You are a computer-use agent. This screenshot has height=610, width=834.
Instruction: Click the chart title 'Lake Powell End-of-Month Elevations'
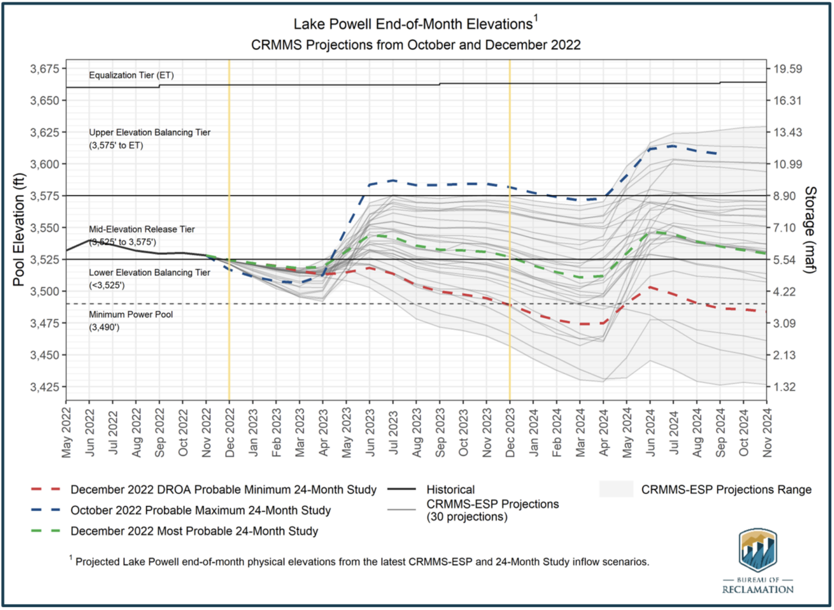click(x=413, y=24)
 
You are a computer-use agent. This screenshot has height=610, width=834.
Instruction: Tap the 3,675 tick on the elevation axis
click(x=45, y=69)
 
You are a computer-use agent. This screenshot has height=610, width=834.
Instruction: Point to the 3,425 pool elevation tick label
click(x=45, y=387)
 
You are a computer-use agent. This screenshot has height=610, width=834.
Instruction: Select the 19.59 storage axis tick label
click(x=787, y=69)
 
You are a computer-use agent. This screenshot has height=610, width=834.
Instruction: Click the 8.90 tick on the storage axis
click(x=787, y=196)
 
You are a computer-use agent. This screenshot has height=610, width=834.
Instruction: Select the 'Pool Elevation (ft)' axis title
click(x=19, y=229)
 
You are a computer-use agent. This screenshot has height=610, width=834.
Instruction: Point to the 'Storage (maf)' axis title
click(x=810, y=230)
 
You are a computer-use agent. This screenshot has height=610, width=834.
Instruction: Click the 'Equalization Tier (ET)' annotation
click(x=131, y=75)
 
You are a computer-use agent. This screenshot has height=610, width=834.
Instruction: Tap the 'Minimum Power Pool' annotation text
click(x=131, y=314)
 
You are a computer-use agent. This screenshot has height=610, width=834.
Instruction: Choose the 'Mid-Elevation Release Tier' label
click(x=142, y=229)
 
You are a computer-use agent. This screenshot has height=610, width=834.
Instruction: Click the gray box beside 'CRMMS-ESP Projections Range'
click(x=616, y=489)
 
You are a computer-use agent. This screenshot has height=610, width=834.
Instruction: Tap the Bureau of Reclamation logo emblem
click(x=757, y=550)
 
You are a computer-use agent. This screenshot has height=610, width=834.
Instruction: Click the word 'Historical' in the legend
click(x=450, y=490)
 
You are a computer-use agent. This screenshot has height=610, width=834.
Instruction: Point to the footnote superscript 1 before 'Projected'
click(x=71, y=557)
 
